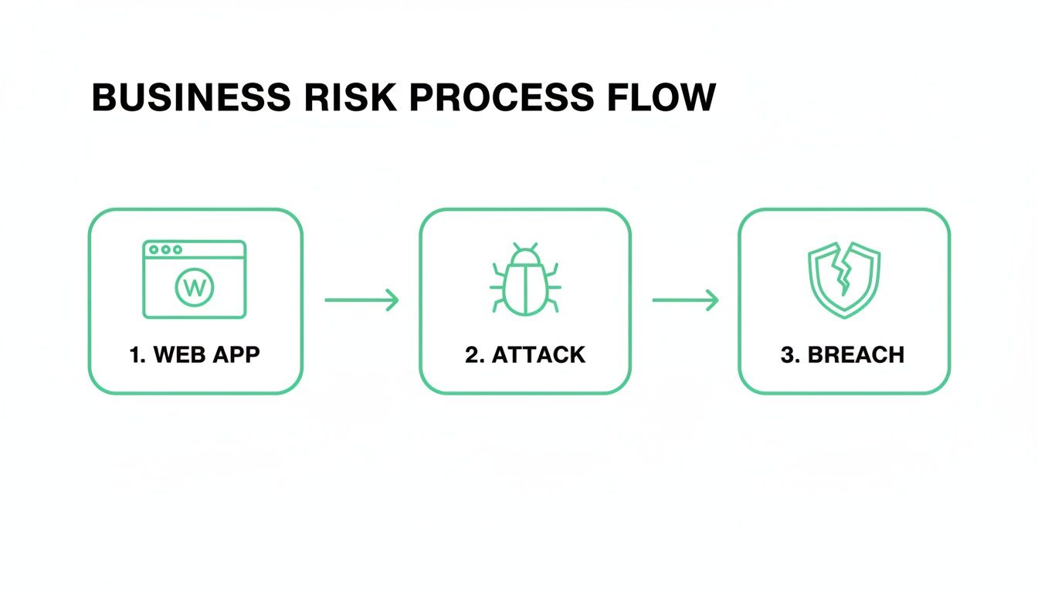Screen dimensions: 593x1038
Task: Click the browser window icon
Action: point(195,279)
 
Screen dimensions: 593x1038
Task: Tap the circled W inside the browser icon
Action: point(195,288)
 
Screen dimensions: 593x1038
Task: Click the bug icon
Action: point(525,280)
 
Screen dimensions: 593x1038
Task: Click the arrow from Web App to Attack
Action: point(361,300)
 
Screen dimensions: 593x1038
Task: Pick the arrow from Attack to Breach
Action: point(685,300)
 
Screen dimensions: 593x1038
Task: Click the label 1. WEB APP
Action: point(195,355)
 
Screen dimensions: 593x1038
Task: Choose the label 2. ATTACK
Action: point(525,355)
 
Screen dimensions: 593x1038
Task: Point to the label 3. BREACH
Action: point(843,355)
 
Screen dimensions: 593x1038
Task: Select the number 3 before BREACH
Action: point(789,355)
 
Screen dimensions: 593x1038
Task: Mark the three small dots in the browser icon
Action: point(166,250)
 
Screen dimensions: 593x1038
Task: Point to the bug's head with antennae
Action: point(525,255)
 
